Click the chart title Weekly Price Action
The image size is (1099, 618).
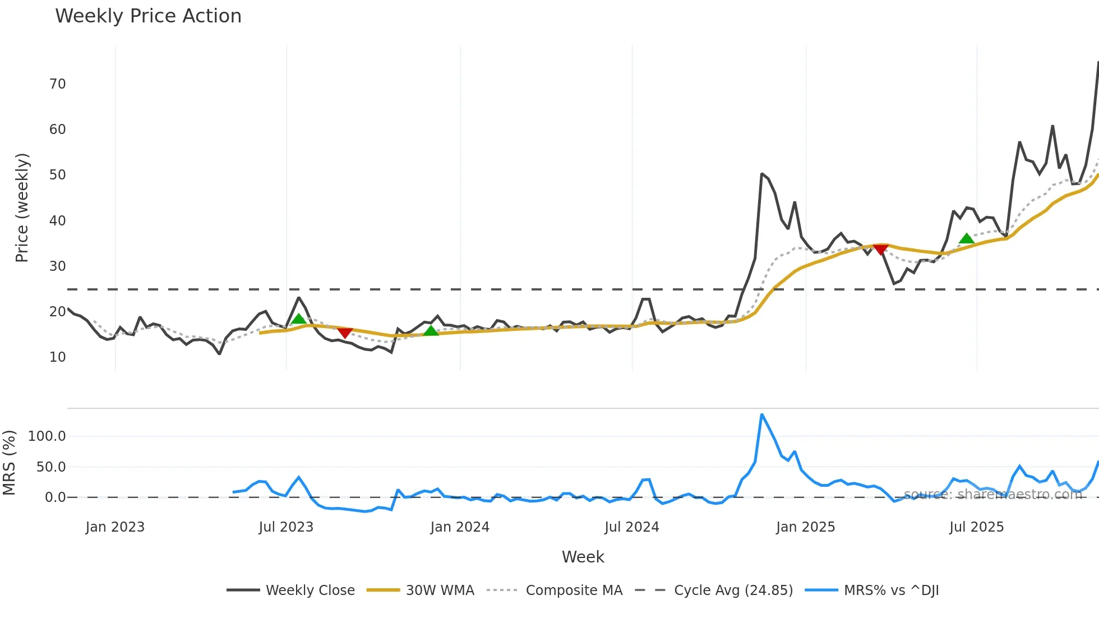tap(148, 16)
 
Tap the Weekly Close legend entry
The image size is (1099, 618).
tap(310, 591)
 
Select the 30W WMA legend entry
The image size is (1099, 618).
tap(440, 591)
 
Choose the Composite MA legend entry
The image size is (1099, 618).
tap(574, 591)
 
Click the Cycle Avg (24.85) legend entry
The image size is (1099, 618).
tap(733, 591)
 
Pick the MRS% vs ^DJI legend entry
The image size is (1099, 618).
tap(891, 591)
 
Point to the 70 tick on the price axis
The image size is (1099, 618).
tap(58, 84)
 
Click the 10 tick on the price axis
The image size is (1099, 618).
tap(58, 357)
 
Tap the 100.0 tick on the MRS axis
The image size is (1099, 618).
tap(47, 436)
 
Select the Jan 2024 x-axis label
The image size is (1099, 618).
tap(460, 527)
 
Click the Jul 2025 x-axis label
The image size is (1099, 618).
tap(976, 527)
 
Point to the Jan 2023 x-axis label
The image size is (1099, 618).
tap(115, 527)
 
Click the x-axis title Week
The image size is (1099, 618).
tap(583, 557)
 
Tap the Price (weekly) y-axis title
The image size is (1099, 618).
tap(22, 207)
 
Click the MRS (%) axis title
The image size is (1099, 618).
tap(10, 463)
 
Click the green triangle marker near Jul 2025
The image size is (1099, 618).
tap(966, 239)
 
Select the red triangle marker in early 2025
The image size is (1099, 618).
tap(881, 249)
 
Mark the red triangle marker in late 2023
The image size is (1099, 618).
tap(344, 333)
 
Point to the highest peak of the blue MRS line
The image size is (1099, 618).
tap(761, 415)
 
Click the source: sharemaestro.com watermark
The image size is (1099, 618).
tap(992, 494)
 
